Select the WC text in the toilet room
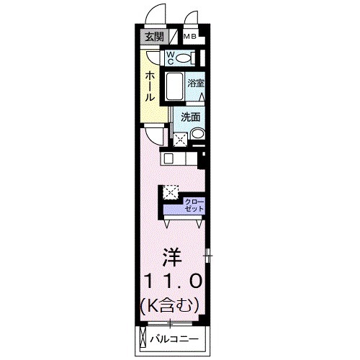(171, 57)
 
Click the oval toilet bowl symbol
(185, 58)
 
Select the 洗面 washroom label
(191, 117)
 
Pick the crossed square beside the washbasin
(180, 136)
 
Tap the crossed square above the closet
(171, 192)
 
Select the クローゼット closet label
(194, 204)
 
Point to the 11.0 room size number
(171, 281)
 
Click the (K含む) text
(171, 305)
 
